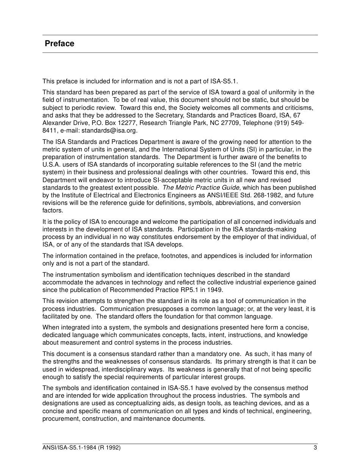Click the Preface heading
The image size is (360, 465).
pyautogui.click(x=59, y=44)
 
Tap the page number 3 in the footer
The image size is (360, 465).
pyautogui.click(x=315, y=448)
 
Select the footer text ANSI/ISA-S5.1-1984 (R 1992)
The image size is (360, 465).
pyautogui.click(x=81, y=448)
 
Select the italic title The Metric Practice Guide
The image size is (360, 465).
pyautogui.click(x=201, y=187)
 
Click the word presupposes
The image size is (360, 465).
pyautogui.click(x=159, y=309)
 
